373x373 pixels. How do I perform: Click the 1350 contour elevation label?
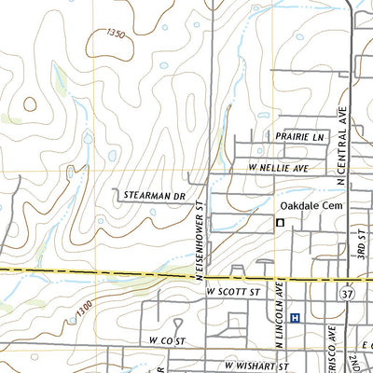coord(115,34)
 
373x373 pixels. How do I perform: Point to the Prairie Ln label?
coord(299,137)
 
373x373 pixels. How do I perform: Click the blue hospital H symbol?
coord(296,318)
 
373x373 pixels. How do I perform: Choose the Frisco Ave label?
coord(333,350)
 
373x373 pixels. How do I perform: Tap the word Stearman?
coord(141,197)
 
